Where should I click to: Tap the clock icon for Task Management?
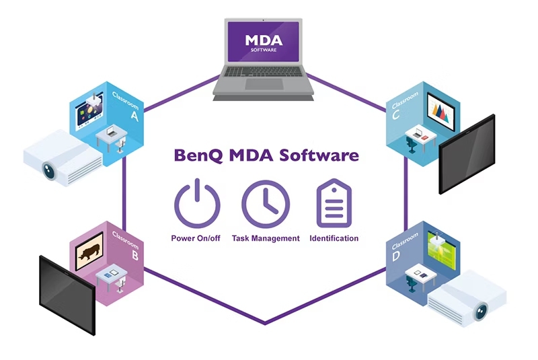tap(266, 204)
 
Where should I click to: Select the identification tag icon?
tap(334, 203)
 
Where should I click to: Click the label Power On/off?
tap(196, 238)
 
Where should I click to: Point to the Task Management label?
tap(266, 238)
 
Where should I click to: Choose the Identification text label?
tap(334, 238)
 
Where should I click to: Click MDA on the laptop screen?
tap(264, 38)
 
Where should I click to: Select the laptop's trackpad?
tap(264, 83)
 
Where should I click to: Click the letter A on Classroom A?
tap(134, 116)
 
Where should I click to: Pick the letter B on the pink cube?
tap(135, 255)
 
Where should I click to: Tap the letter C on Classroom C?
tap(396, 114)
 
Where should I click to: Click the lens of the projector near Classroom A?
tap(49, 170)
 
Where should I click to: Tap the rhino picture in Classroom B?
tap(89, 251)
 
